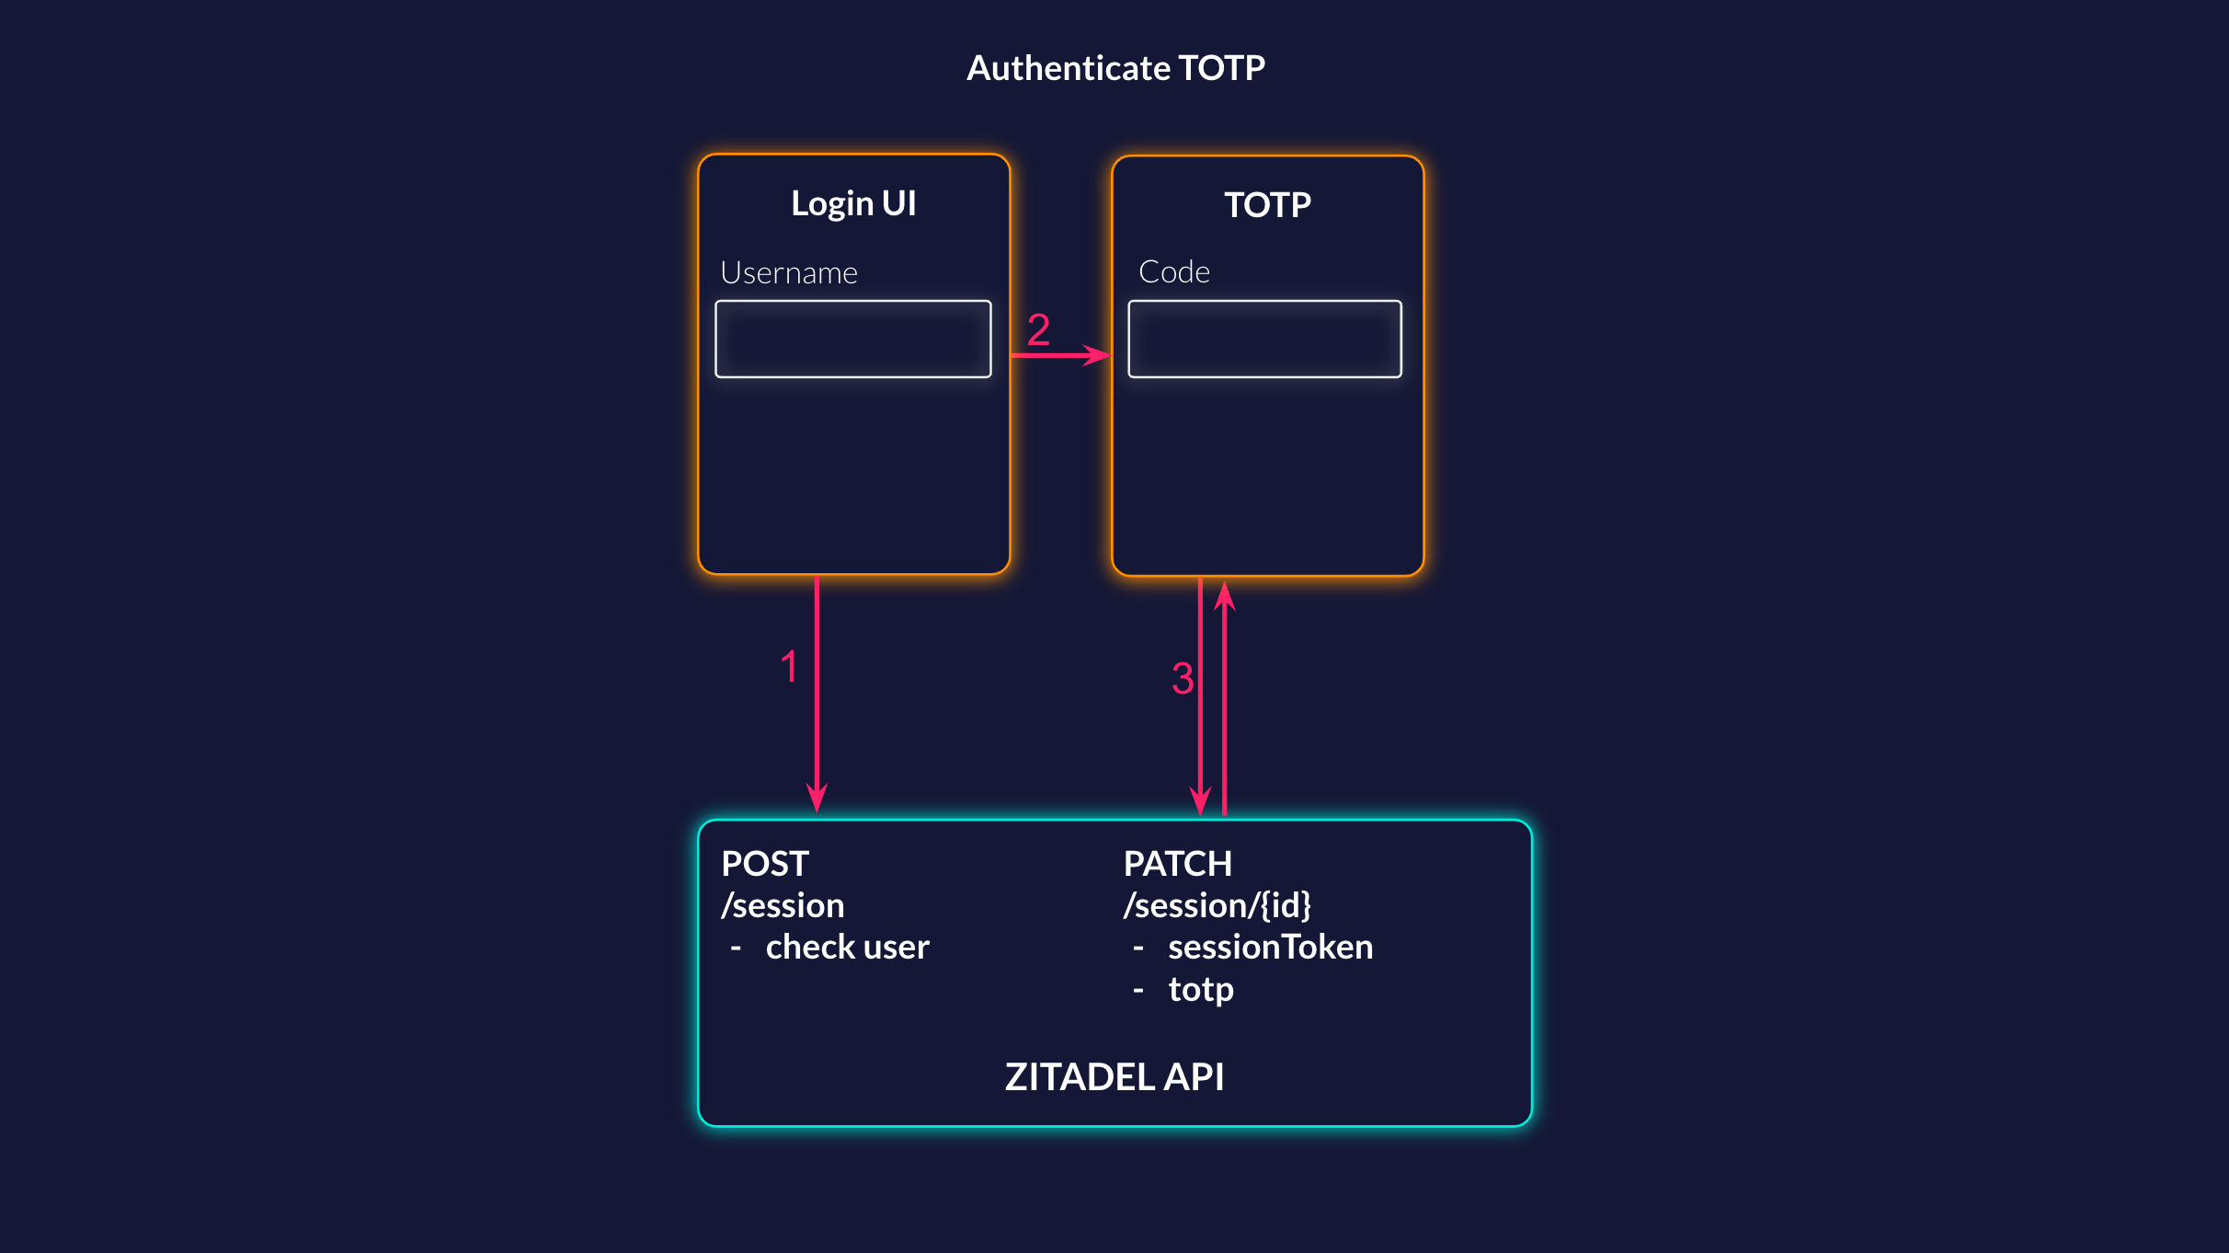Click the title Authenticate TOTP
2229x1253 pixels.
pos(1115,68)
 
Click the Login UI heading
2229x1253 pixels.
pos(853,203)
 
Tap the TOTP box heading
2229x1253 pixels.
pos(1267,204)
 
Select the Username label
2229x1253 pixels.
pos(788,272)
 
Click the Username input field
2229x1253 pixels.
pos(852,339)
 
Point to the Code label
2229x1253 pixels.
pos(1173,271)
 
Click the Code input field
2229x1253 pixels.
pos(1264,339)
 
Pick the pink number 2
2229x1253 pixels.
pos(1038,329)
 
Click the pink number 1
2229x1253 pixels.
pos(788,666)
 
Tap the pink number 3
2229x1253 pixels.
pos(1182,679)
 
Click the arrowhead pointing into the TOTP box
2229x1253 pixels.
pos(1098,355)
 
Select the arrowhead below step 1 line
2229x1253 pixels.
pos(817,797)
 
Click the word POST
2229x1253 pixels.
pos(764,864)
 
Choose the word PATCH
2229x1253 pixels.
pos(1177,864)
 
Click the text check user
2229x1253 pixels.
pos(847,947)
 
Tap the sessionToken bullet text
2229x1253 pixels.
pos(1270,947)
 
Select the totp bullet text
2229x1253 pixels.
pos(1200,989)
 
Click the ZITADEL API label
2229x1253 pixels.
pos(1114,1076)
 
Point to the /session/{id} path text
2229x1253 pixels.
pos(1217,905)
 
